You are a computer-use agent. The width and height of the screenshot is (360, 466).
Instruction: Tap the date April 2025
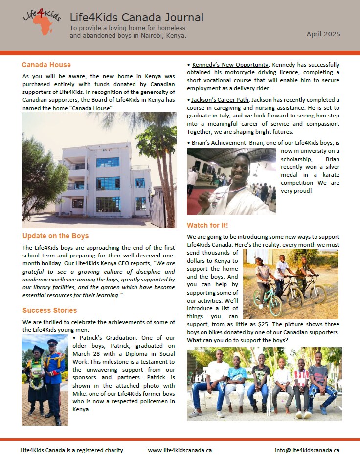pyautogui.click(x=323, y=34)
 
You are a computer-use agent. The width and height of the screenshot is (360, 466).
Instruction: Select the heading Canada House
pyautogui.click(x=46, y=65)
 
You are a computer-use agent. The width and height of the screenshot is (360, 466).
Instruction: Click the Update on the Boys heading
pyautogui.click(x=55, y=236)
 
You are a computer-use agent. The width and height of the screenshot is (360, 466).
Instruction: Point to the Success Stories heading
pyautogui.click(x=49, y=310)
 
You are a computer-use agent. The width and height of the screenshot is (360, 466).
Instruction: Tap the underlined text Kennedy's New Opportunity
pyautogui.click(x=230, y=65)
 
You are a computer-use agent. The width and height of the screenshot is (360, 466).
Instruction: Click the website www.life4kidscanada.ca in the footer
pyautogui.click(x=180, y=450)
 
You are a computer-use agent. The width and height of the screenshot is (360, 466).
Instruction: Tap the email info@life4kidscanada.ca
pyautogui.click(x=307, y=450)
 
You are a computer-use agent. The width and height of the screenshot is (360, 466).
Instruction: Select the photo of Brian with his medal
pyautogui.click(x=231, y=182)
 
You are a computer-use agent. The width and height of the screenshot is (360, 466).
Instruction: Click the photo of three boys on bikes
pyautogui.click(x=291, y=284)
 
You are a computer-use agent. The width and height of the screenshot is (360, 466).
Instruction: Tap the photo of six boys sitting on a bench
pyautogui.click(x=264, y=384)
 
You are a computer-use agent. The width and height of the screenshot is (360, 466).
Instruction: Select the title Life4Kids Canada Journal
pyautogui.click(x=137, y=18)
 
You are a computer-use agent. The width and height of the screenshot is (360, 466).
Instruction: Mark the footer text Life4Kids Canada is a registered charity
pyautogui.click(x=72, y=450)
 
